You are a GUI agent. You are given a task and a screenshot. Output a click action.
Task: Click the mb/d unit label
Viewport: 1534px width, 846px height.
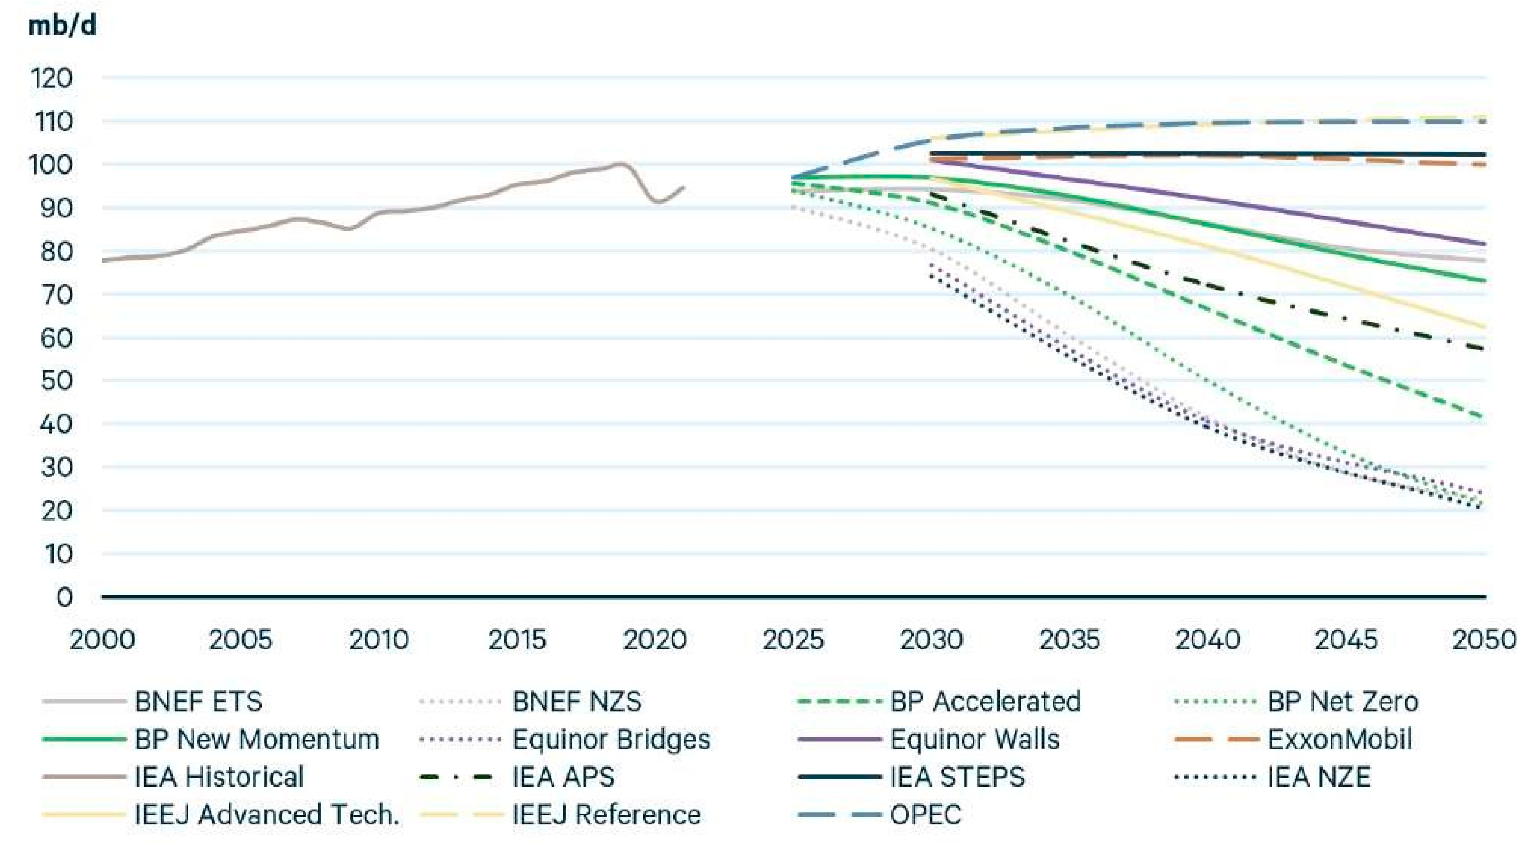pyautogui.click(x=62, y=26)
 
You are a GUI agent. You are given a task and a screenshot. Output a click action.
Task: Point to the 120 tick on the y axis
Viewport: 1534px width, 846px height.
pyautogui.click(x=51, y=78)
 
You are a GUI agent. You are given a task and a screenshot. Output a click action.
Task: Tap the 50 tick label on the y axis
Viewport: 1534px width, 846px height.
pyautogui.click(x=56, y=380)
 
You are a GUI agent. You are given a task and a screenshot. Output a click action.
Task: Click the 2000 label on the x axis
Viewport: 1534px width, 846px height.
pyautogui.click(x=103, y=640)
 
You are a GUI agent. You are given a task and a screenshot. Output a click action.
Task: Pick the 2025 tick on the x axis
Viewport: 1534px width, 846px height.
pyautogui.click(x=793, y=640)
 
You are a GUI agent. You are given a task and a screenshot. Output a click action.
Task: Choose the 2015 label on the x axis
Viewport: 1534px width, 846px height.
pyautogui.click(x=517, y=640)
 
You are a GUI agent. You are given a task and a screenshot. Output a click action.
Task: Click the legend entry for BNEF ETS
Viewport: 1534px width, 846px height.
pyautogui.click(x=198, y=701)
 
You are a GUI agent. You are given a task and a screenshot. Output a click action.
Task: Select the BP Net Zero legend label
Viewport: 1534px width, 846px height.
pyautogui.click(x=1343, y=701)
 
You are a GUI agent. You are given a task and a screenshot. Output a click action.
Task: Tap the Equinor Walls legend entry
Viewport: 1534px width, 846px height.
pyautogui.click(x=974, y=739)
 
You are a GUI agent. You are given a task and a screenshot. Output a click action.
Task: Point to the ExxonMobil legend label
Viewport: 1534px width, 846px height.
pyautogui.click(x=1340, y=739)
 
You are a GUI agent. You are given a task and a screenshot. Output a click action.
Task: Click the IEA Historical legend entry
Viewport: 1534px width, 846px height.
pyautogui.click(x=219, y=777)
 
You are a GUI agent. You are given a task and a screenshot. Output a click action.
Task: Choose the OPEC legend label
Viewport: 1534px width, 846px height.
pyautogui.click(x=925, y=815)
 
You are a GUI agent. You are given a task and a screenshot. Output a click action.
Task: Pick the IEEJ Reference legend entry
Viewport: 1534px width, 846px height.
pyautogui.click(x=606, y=815)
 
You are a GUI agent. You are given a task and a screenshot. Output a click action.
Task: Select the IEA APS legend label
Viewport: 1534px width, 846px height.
pyautogui.click(x=563, y=777)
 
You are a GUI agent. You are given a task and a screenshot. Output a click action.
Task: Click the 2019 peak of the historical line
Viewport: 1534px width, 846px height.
pyautogui.click(x=621, y=164)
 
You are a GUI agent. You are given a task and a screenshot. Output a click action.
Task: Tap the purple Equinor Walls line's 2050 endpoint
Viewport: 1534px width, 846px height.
pyautogui.click(x=1484, y=243)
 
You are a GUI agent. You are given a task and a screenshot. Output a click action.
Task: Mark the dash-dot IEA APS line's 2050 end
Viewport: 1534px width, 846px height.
pyautogui.click(x=1484, y=349)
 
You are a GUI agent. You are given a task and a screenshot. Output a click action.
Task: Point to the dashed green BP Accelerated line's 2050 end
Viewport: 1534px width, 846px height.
pyautogui.click(x=1484, y=417)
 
